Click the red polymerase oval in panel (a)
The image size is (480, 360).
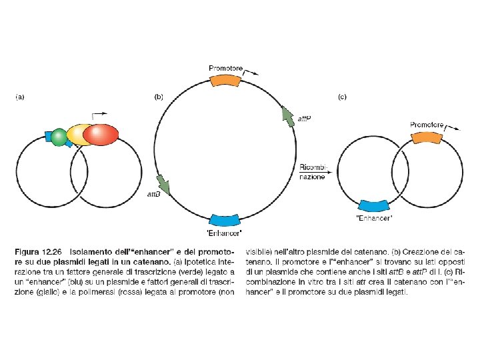point(100,135)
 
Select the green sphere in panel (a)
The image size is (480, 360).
point(60,137)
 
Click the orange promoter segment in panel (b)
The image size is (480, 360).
point(226,79)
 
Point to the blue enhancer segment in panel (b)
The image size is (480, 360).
point(225,220)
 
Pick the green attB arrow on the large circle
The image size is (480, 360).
point(163,184)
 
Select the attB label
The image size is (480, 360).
point(154,195)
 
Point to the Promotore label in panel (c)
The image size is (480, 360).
point(427,125)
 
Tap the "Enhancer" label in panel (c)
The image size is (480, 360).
point(375,219)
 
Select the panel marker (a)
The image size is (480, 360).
point(20,97)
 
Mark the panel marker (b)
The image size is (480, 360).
point(159,97)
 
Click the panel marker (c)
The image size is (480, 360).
point(342,97)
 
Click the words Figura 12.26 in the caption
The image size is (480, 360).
point(38,252)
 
